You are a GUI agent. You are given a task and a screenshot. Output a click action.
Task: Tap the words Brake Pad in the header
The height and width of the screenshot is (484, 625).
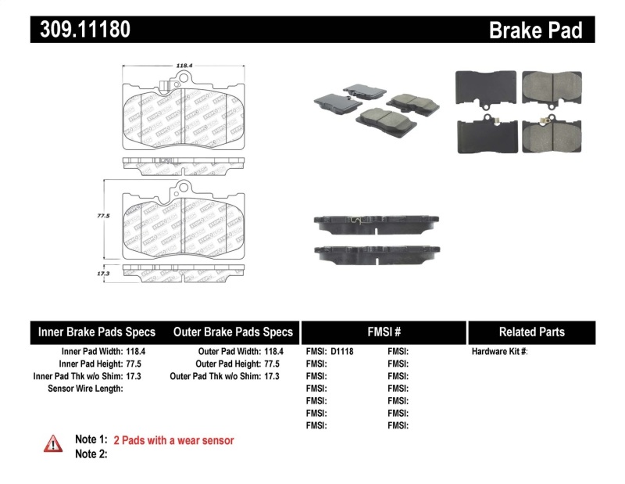(x=535, y=30)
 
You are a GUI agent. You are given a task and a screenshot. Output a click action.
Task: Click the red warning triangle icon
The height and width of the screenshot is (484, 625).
(x=53, y=443)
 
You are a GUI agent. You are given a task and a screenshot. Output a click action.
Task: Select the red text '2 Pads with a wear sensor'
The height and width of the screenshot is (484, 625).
(x=173, y=440)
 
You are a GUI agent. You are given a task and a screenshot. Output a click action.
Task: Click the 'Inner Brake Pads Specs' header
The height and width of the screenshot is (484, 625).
(x=97, y=332)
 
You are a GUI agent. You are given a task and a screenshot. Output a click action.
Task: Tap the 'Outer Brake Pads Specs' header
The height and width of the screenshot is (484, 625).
(x=233, y=332)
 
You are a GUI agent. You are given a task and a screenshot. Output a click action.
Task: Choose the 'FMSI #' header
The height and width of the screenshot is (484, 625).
(x=384, y=332)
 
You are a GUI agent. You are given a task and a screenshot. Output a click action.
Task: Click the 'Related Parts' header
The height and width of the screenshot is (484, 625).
(x=531, y=332)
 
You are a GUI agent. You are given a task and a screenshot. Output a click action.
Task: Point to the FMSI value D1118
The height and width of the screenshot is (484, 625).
(x=342, y=352)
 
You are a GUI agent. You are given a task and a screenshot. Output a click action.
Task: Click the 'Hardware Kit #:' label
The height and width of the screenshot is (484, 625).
(x=499, y=352)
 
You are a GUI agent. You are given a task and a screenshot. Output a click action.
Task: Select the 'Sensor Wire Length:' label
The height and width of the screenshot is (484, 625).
(x=85, y=388)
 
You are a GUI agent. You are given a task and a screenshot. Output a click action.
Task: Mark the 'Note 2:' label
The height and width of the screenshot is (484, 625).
(x=91, y=454)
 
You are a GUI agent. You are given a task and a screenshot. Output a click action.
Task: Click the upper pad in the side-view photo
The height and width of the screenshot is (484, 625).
(x=374, y=223)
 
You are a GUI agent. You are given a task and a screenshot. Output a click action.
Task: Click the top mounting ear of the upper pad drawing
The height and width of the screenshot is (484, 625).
(x=185, y=78)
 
